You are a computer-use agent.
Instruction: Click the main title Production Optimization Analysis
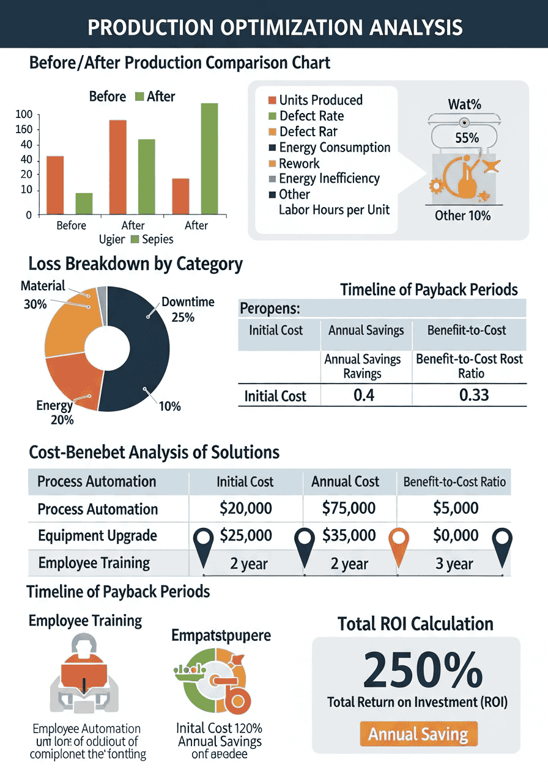tap(274, 27)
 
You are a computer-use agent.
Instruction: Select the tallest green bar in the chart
tap(209, 159)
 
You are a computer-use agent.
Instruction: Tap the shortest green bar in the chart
tap(84, 203)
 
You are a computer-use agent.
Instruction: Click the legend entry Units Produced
tap(320, 100)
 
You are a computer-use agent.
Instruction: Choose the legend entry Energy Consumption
tap(334, 148)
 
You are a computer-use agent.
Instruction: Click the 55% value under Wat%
tap(467, 138)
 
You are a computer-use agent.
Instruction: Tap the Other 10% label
tap(462, 216)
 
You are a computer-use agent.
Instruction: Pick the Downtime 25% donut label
tap(188, 309)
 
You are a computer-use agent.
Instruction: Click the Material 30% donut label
tap(42, 294)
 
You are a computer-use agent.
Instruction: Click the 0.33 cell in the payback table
tap(474, 395)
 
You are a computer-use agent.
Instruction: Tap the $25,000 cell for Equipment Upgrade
tap(245, 536)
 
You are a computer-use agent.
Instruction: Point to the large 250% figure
tap(421, 671)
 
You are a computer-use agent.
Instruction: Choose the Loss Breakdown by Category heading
tap(135, 264)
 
